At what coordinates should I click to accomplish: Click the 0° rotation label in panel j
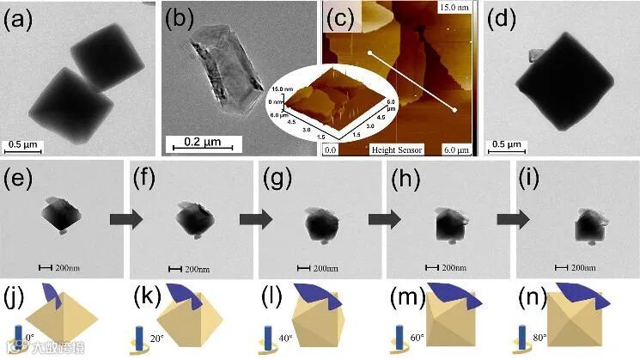tap(29, 337)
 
